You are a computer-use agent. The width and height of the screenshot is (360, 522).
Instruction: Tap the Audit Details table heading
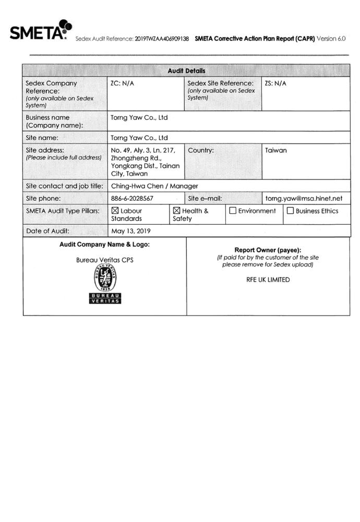pyautogui.click(x=186, y=70)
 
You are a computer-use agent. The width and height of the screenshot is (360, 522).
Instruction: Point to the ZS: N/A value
pyautogui.click(x=276, y=83)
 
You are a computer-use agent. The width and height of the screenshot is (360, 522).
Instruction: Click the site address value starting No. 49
pyautogui.click(x=145, y=162)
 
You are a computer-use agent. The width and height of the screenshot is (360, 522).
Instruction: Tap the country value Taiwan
pyautogui.click(x=276, y=151)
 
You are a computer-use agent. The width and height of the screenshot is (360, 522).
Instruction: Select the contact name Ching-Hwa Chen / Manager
pyautogui.click(x=154, y=186)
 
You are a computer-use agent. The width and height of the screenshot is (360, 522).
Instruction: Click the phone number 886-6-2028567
pyautogui.click(x=132, y=199)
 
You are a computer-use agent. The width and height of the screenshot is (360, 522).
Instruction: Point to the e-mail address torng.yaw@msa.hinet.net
pyautogui.click(x=304, y=199)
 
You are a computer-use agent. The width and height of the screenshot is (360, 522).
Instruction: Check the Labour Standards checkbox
pyautogui.click(x=115, y=211)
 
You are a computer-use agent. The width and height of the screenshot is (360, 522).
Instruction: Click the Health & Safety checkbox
pyautogui.click(x=176, y=211)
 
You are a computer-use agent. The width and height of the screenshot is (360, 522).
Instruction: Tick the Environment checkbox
pyautogui.click(x=233, y=211)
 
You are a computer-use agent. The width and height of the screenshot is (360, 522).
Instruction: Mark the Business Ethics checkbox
pyautogui.click(x=290, y=211)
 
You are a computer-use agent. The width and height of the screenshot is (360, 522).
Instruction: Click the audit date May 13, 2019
pyautogui.click(x=131, y=231)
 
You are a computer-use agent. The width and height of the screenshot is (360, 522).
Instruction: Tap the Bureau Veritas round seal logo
pyautogui.click(x=105, y=277)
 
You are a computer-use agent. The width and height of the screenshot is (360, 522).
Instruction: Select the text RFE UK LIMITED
pyautogui.click(x=268, y=280)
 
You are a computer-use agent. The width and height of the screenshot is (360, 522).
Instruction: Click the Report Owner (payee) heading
pyautogui.click(x=268, y=250)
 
